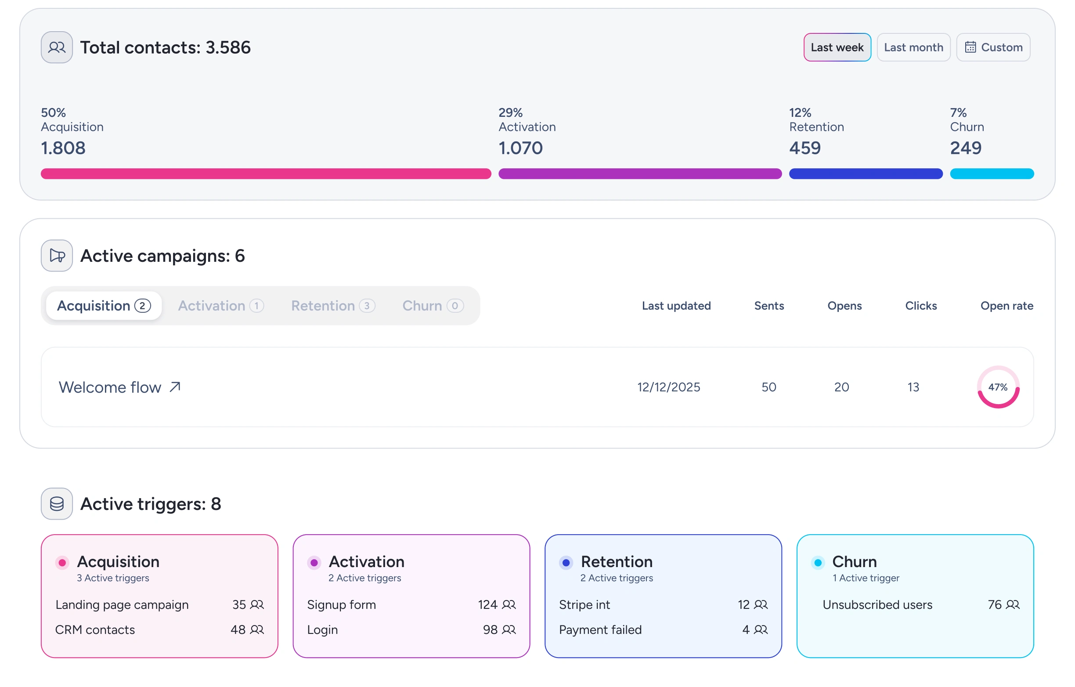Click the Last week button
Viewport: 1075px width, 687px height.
point(837,47)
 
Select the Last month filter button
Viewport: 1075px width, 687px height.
point(913,47)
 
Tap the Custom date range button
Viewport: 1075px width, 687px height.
point(993,47)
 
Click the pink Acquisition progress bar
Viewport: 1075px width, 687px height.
point(266,174)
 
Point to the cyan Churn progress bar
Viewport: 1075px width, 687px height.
point(992,174)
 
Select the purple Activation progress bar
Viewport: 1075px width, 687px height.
point(640,174)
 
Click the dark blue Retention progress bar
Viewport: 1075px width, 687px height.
point(866,174)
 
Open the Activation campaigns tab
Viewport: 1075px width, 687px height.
point(221,306)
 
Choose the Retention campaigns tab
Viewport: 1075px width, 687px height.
point(333,306)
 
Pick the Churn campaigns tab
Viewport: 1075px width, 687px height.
point(433,306)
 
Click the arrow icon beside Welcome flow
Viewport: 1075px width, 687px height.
point(175,387)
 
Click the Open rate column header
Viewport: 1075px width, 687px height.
point(1006,306)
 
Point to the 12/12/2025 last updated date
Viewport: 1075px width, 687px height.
point(669,387)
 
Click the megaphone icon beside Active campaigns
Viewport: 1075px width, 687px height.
point(57,256)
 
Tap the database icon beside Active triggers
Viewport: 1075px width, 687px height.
point(57,504)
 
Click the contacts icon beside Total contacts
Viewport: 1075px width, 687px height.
point(57,47)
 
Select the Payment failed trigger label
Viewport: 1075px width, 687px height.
point(600,630)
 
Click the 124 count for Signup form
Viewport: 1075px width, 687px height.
point(487,605)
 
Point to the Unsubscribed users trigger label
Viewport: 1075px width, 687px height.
point(878,605)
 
